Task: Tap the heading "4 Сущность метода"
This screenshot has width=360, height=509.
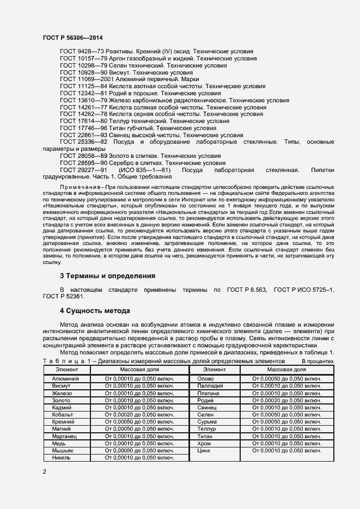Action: [x=95, y=311]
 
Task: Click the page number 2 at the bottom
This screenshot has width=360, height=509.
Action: [x=44, y=471]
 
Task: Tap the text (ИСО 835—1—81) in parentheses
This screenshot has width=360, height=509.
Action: [x=142, y=169]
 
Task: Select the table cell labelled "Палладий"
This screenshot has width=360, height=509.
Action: [x=209, y=385]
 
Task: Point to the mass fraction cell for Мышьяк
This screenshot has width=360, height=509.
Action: [x=139, y=450]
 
